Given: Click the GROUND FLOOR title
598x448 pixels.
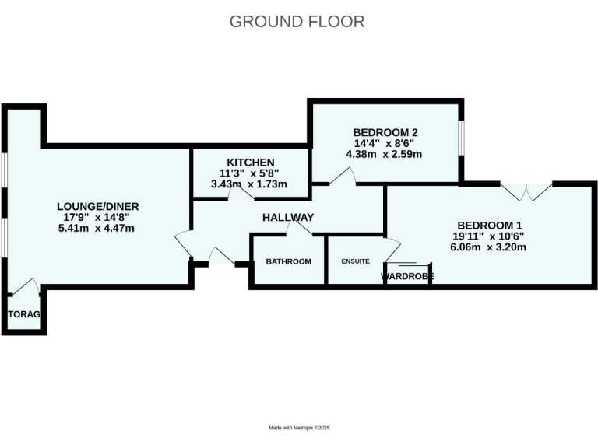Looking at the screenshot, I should point(297,21).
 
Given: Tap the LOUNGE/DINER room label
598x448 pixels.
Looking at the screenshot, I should point(97,206).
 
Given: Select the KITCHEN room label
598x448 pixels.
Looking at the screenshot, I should point(250,162).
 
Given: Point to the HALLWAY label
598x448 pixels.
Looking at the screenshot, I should point(288,218).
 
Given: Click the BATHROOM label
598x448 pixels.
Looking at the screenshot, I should point(288,261).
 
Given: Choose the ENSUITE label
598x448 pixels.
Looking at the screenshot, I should point(355,261).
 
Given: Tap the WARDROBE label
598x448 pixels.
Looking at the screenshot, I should point(406,276).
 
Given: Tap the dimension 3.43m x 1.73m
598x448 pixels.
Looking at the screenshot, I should point(250,184).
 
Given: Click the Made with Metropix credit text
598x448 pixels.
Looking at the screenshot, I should point(300,428).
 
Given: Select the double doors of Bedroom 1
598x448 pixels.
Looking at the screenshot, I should point(526,191).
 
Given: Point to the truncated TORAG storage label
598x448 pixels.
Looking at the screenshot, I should point(23,314).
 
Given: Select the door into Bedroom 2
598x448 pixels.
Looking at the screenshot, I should point(342,177).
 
